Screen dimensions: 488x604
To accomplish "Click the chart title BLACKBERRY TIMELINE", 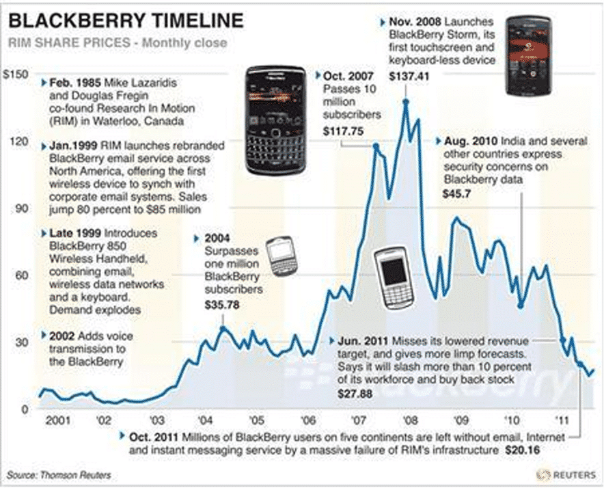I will (126, 20).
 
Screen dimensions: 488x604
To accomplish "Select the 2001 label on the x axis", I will (55, 420).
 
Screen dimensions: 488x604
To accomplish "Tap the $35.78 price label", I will (222, 304).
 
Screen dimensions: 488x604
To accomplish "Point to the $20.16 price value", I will (523, 451).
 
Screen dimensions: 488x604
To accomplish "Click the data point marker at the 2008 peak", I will (407, 102).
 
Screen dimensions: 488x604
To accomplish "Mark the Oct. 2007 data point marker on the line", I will (376, 146).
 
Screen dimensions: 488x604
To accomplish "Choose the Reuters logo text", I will (571, 473).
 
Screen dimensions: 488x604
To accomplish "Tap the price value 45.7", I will (458, 193).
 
